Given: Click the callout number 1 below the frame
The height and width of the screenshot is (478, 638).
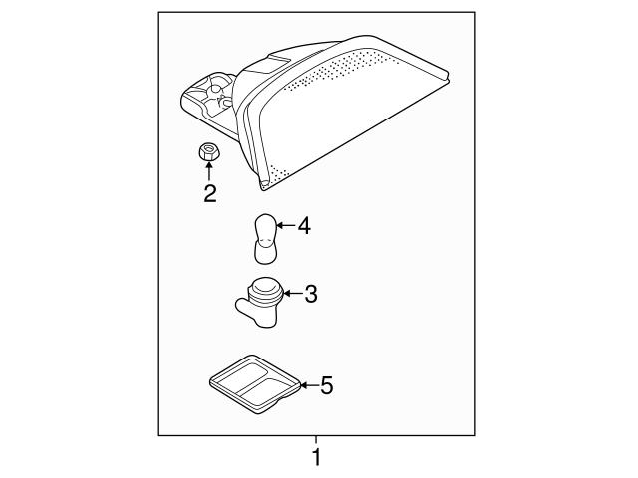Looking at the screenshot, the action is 316,457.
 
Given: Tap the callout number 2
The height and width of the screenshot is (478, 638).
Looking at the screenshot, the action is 210,193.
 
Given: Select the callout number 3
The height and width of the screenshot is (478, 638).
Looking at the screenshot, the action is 311,294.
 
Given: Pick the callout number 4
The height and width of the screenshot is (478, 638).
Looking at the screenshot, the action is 304,226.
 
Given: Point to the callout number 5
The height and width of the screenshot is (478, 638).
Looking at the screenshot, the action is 327,385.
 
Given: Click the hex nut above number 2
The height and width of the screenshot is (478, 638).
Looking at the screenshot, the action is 209,151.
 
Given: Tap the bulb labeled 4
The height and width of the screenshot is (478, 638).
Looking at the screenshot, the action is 265,239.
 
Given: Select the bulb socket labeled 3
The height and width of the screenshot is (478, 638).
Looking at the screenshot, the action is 260,302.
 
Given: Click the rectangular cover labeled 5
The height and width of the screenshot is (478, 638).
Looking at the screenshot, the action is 255,384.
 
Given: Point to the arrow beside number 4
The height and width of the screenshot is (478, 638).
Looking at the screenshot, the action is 286,225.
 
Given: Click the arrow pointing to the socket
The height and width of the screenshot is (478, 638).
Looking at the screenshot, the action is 293,293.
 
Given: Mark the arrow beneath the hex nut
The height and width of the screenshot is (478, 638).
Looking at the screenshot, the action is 209,171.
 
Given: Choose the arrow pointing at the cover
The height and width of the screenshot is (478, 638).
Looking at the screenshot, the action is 309,385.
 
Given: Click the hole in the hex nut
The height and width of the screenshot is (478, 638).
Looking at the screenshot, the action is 209,149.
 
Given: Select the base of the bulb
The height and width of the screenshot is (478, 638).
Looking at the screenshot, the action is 265,252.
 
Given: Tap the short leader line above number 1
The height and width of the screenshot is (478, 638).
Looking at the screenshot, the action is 316,440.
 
